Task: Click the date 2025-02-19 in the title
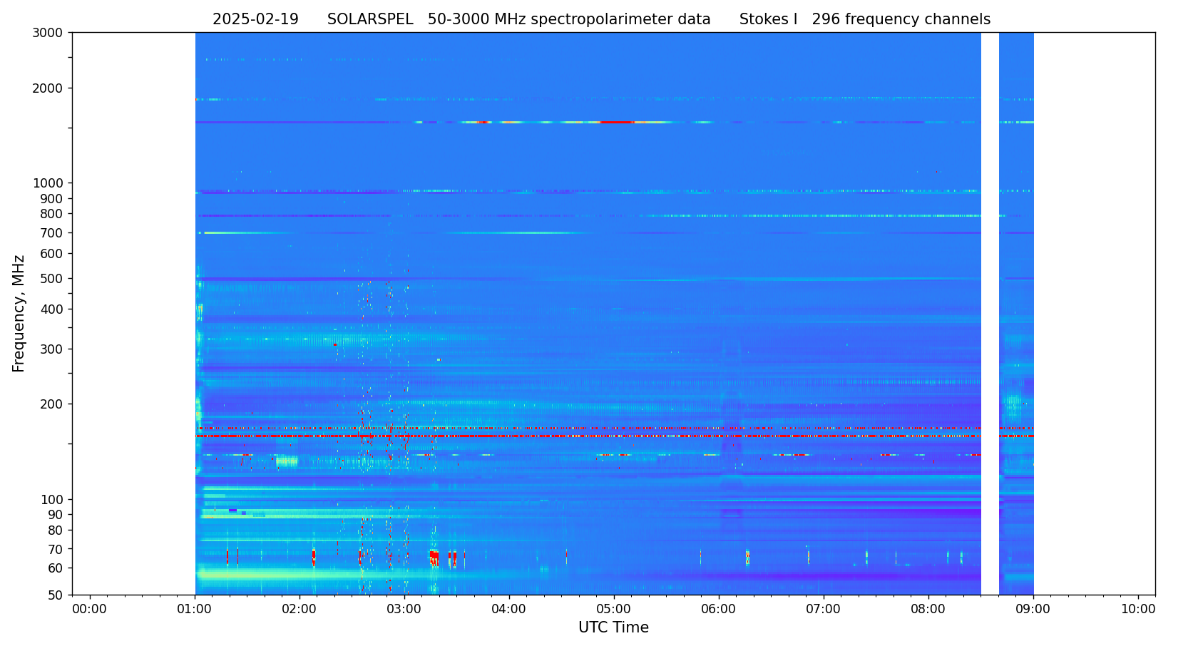pos(255,20)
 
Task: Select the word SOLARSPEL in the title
pos(370,20)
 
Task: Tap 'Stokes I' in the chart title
pos(768,20)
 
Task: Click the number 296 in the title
pos(826,20)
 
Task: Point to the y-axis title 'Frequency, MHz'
pos(19,313)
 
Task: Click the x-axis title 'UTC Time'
pos(613,628)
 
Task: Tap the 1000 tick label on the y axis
pos(48,183)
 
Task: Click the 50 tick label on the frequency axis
pos(55,595)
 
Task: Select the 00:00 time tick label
pos(89,610)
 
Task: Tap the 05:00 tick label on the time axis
pos(613,610)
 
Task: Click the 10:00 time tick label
pos(1137,610)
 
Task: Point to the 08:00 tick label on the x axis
pos(928,610)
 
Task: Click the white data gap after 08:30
pos(990,314)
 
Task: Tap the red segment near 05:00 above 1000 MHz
pos(617,123)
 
